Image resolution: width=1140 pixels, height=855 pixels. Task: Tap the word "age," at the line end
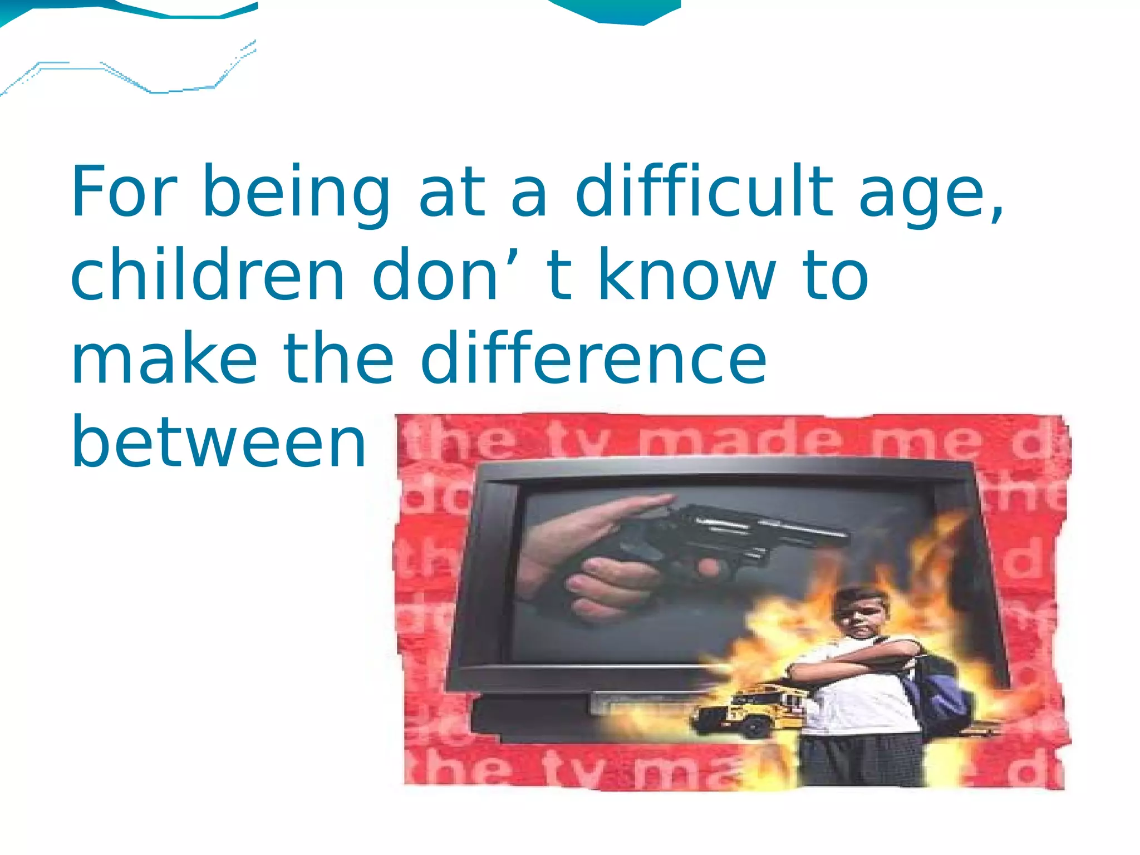tap(931, 195)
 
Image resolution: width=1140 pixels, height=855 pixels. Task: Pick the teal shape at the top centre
tap(618, 11)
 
